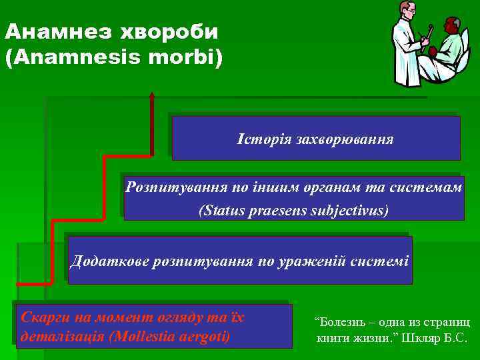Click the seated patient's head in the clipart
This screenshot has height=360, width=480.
[451, 27]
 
